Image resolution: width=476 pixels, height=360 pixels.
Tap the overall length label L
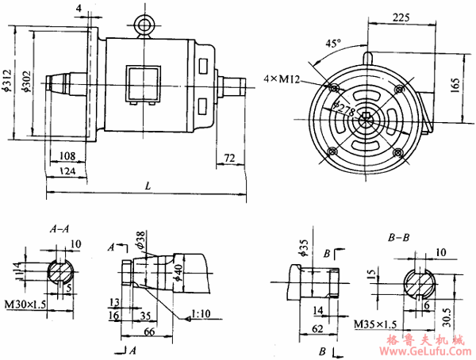pos(148,185)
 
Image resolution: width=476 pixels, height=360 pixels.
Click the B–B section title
pos(397,236)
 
